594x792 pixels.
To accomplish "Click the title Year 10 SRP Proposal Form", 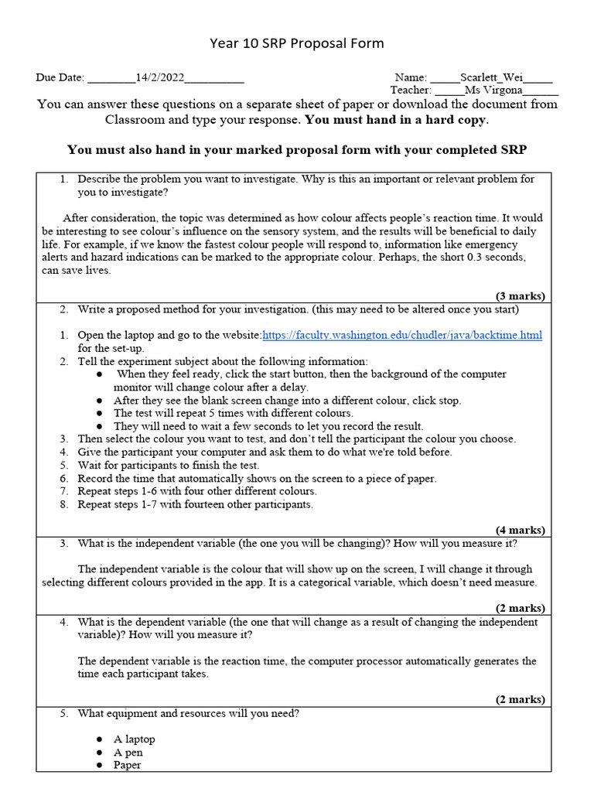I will tap(296, 43).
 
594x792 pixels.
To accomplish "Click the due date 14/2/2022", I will tap(160, 77).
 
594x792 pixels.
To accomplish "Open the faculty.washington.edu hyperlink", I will tap(402, 335).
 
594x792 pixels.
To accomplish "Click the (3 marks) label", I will tap(520, 295).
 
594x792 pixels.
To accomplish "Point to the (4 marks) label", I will tap(520, 530).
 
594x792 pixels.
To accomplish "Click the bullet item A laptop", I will tap(134, 739).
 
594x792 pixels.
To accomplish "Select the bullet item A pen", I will tap(128, 752).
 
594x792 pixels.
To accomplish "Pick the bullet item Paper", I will tap(128, 765).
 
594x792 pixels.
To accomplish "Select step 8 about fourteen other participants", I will tap(195, 504).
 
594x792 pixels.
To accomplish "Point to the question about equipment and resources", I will tap(188, 713).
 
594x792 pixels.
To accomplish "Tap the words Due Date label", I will tap(60, 77).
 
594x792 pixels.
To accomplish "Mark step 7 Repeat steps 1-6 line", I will tap(196, 491).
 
